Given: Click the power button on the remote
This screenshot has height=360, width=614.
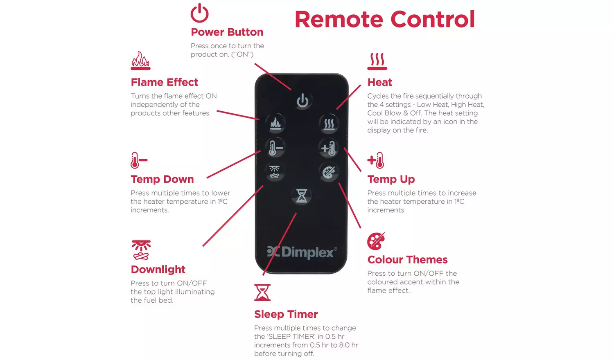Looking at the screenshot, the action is click(302, 101).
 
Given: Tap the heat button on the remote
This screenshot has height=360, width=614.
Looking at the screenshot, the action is click(329, 124).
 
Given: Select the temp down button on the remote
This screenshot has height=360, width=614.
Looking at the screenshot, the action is click(275, 148).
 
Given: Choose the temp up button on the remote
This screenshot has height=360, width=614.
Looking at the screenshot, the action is click(329, 148).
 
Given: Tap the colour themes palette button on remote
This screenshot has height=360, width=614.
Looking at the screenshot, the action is click(329, 172).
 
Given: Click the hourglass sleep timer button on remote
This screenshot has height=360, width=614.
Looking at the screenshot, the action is click(302, 196).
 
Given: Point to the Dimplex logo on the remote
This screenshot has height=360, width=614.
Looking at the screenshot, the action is click(302, 252).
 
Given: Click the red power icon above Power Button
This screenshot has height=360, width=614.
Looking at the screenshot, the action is click(200, 13).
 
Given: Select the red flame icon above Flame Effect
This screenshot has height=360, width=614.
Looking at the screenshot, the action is click(141, 61).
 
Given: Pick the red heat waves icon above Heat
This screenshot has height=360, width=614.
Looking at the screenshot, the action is click(377, 61).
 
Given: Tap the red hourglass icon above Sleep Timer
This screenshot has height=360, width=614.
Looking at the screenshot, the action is click(262, 292).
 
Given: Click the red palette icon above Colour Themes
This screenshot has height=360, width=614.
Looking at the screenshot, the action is click(376, 241).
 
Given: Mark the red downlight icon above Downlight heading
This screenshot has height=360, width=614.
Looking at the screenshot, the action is click(141, 250).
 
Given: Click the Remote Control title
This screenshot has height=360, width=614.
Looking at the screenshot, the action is click(385, 19).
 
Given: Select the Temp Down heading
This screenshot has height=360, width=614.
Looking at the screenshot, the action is click(162, 179).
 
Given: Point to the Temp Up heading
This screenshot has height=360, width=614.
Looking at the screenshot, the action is click(391, 179).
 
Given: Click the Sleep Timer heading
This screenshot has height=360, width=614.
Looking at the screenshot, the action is click(286, 314).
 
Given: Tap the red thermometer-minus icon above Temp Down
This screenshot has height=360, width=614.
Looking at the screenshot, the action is click(139, 160).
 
